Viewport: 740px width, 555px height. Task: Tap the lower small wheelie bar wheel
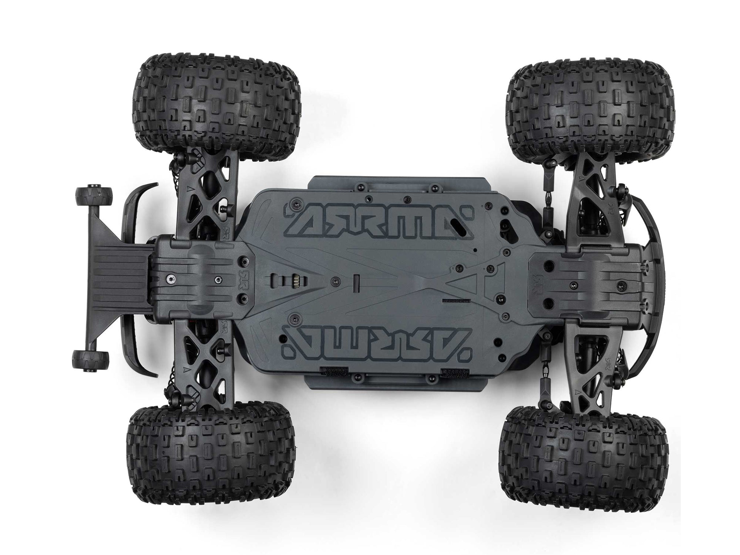91,360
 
